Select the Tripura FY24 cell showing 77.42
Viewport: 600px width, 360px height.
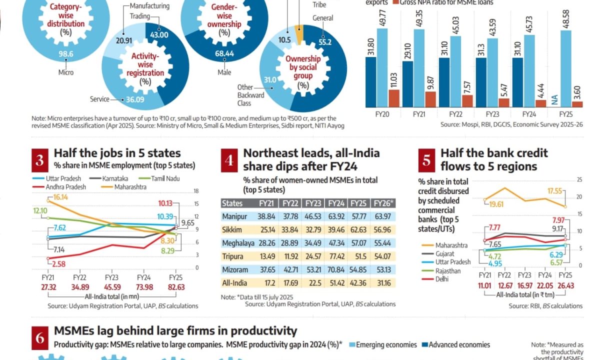(335, 256)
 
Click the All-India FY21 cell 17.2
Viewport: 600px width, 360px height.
(266, 283)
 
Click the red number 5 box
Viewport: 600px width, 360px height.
(426, 160)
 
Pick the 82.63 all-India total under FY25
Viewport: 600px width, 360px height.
(175, 286)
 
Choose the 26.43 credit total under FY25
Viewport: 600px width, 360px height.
(564, 285)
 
